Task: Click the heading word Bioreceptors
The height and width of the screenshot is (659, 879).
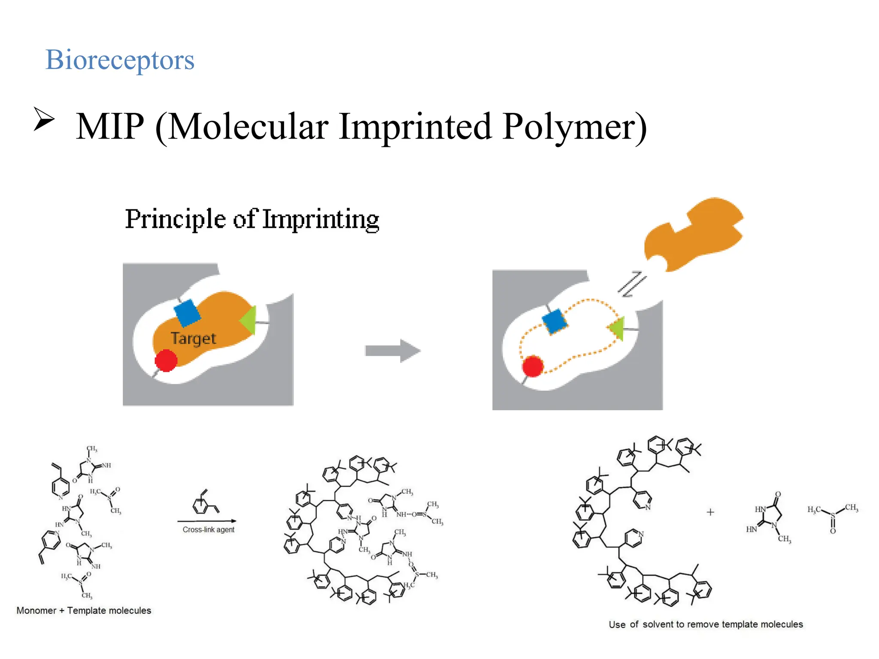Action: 120,60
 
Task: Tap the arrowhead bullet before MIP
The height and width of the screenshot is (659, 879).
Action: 44,119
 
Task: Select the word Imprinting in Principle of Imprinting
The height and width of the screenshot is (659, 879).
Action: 321,219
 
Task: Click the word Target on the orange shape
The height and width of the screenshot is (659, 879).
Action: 193,339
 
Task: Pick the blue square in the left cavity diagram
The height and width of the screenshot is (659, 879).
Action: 187,313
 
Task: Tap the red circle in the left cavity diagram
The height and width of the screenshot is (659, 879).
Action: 166,360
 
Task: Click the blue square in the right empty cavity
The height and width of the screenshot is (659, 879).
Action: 555,321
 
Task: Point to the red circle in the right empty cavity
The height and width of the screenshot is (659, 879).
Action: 533,366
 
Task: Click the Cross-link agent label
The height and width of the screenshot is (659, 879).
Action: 209,530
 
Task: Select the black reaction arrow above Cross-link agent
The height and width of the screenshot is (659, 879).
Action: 207,521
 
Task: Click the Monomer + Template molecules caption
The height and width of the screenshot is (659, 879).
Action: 84,611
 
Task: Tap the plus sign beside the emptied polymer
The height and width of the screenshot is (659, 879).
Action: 710,512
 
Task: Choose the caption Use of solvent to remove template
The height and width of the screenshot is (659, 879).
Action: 706,624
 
